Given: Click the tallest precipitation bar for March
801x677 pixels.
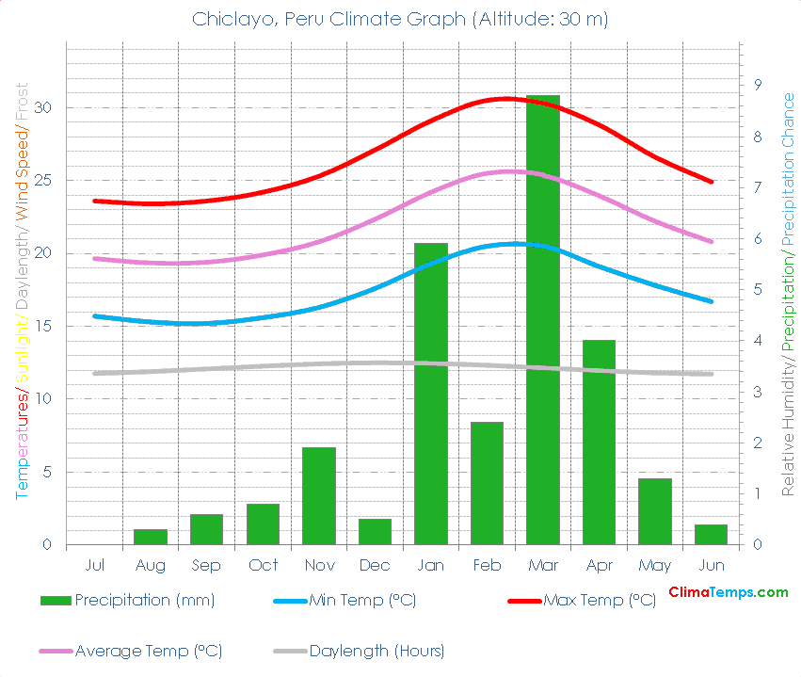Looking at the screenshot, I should point(543,320).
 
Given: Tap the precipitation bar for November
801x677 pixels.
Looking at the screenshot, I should point(319,496).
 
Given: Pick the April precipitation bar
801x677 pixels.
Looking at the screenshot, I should point(599,443).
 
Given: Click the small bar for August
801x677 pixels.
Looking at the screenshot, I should point(151,537).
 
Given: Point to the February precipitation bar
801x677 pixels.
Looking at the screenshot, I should point(487,483).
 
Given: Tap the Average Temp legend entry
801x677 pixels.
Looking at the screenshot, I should point(131,651).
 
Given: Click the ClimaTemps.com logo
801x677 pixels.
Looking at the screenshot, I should point(728,592).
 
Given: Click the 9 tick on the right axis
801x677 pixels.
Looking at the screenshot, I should point(758,86).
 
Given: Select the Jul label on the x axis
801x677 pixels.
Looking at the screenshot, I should point(94,565).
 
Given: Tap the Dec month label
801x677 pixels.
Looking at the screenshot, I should point(375,565).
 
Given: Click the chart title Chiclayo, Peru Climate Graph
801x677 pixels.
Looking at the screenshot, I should point(400,18).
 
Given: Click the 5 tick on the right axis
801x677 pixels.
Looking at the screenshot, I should point(758,290).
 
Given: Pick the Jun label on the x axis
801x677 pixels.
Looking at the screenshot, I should point(712,565).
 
